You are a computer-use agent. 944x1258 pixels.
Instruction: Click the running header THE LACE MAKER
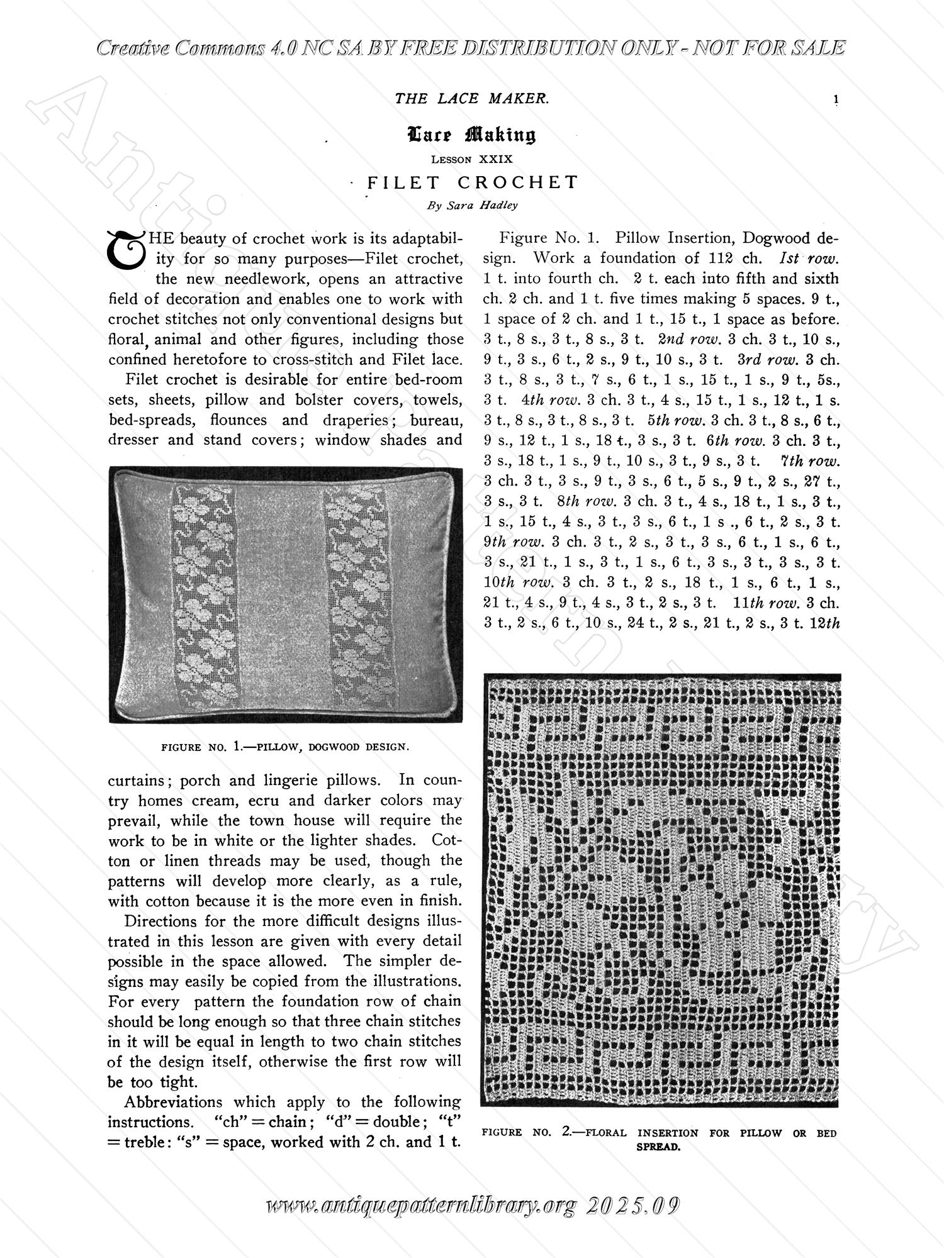click(x=471, y=98)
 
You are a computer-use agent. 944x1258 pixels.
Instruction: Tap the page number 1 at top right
click(x=836, y=99)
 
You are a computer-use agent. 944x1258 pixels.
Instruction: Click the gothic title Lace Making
click(x=471, y=134)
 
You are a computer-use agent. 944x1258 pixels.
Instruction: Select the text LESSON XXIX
click(x=471, y=159)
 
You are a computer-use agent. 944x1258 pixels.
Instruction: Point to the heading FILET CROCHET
click(x=473, y=182)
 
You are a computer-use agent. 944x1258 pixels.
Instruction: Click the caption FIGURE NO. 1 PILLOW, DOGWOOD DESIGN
click(x=285, y=747)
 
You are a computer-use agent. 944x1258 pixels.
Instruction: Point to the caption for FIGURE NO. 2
click(x=659, y=1138)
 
